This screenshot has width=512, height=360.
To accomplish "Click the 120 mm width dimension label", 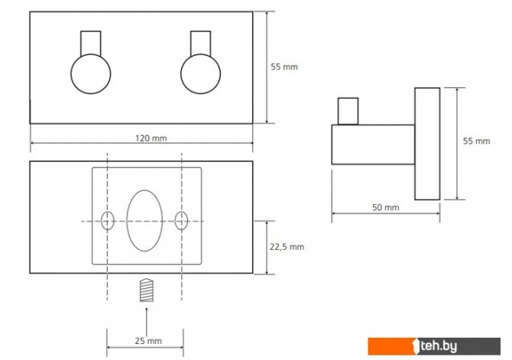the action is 151,138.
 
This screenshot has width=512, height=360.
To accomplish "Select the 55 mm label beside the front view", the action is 284,66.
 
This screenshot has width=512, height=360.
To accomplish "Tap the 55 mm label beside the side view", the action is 476,141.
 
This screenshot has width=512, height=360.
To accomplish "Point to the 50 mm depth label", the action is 386,207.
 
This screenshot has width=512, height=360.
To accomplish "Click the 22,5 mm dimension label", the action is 287,247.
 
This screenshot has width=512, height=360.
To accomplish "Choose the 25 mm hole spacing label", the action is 148,341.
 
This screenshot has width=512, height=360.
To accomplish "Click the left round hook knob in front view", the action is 91,74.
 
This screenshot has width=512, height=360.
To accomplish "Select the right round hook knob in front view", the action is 200,74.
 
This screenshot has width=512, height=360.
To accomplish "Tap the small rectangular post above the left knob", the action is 91,43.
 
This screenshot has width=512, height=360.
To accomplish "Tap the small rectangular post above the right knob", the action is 200,43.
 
